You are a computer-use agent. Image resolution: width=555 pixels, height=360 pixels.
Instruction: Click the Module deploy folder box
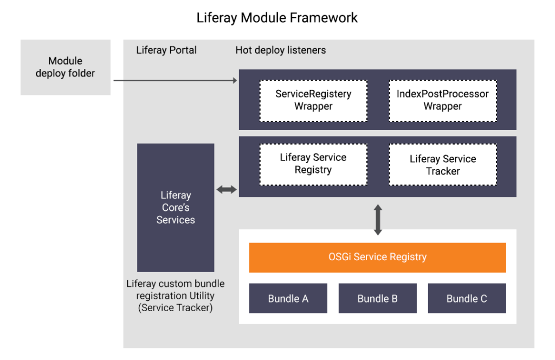65,67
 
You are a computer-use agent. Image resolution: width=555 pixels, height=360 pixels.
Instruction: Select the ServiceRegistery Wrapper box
313,100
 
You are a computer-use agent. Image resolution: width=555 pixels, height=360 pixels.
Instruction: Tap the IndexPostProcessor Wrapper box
442,100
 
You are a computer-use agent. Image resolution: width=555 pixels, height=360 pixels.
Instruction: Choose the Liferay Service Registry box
313,163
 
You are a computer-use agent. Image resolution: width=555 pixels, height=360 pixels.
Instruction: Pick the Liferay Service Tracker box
442,165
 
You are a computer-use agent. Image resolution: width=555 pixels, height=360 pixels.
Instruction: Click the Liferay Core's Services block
176,208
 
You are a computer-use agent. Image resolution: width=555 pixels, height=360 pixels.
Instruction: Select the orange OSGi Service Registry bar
377,257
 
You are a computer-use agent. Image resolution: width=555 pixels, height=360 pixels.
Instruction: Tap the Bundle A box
288,298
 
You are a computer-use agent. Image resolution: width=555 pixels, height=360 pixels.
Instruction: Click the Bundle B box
377,298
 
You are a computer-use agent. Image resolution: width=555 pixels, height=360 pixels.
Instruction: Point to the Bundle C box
467,298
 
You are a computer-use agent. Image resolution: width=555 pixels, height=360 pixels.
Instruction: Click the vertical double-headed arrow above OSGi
378,220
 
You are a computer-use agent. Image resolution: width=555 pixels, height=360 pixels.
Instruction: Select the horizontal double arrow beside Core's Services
227,189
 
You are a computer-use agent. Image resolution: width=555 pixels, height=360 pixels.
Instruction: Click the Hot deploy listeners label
281,50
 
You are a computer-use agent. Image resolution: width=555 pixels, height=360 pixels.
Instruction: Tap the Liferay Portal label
166,50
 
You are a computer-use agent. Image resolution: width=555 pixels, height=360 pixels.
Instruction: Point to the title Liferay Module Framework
277,17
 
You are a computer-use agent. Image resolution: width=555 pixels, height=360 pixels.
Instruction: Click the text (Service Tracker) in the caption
176,308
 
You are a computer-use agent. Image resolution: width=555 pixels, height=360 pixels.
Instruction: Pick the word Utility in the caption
202,295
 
